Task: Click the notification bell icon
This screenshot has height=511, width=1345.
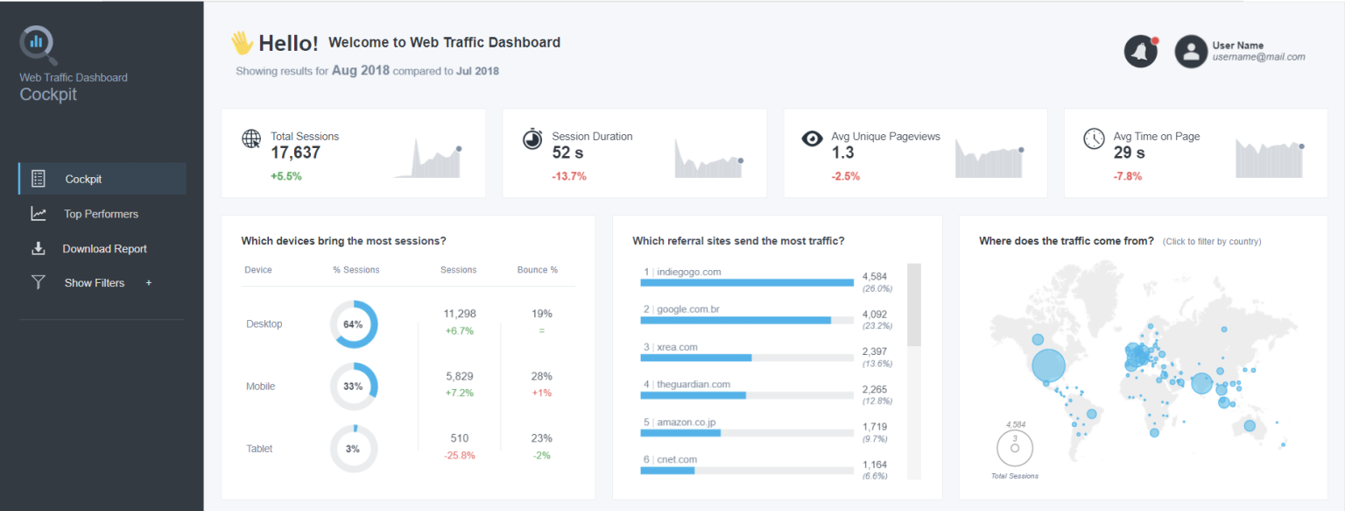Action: click(1140, 52)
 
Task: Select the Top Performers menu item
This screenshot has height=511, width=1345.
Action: click(101, 214)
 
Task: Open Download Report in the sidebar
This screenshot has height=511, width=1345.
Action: click(104, 249)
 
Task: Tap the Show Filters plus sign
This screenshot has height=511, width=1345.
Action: click(149, 283)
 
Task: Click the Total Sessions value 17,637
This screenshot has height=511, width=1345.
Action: click(295, 153)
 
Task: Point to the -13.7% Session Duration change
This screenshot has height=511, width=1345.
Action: click(569, 176)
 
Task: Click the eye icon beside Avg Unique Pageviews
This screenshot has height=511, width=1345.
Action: click(813, 138)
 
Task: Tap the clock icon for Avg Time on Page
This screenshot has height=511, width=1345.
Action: click(1094, 138)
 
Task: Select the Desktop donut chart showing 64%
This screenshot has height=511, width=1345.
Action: click(353, 324)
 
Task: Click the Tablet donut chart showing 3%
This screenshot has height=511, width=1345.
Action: click(353, 449)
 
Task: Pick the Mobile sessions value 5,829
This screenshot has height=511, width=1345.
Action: click(459, 376)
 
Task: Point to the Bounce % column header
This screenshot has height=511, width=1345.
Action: click(537, 270)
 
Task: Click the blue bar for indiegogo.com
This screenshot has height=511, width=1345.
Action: click(747, 282)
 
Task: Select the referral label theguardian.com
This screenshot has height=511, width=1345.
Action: click(693, 384)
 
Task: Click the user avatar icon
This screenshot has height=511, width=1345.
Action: click(1191, 52)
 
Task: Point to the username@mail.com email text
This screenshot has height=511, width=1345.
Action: click(1258, 57)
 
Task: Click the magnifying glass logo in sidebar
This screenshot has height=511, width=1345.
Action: click(38, 44)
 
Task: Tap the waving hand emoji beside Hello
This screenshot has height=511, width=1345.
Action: click(242, 42)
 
